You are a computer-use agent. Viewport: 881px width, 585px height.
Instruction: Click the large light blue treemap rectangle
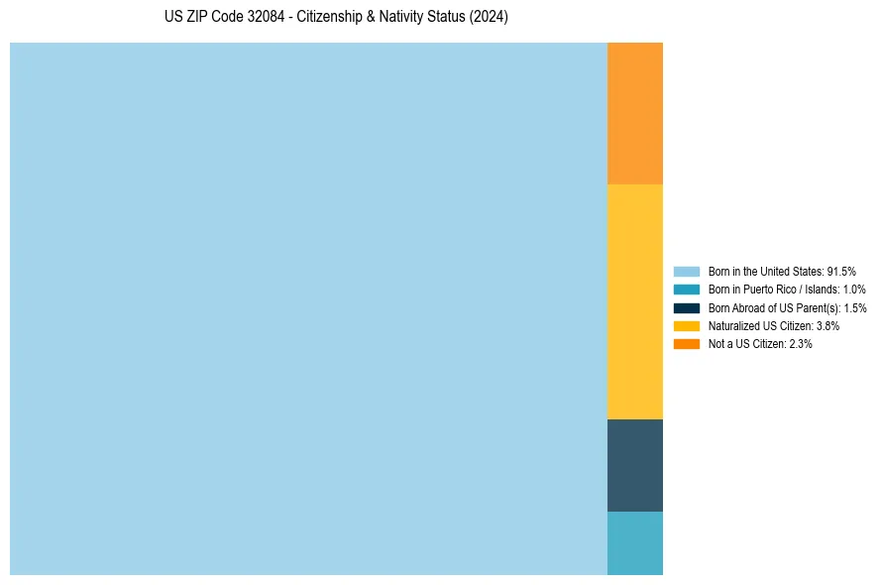[x=308, y=308]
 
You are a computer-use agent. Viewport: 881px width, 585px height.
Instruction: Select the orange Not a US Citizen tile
[x=634, y=113]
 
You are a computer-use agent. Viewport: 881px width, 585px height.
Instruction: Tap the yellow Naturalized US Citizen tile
[x=634, y=301]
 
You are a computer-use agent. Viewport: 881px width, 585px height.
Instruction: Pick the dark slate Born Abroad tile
[x=634, y=465]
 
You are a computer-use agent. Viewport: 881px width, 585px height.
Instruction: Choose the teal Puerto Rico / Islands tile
[x=634, y=542]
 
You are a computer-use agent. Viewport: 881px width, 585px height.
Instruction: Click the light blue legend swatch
[x=687, y=271]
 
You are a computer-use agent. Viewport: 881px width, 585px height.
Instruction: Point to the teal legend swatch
[x=687, y=289]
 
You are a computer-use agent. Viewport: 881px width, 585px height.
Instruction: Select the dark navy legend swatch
[x=687, y=307]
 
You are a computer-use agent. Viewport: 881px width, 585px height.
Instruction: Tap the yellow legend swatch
[x=687, y=325]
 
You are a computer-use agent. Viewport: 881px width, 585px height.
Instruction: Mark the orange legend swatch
[x=687, y=343]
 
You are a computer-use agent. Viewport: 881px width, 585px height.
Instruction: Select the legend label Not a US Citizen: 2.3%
[x=760, y=343]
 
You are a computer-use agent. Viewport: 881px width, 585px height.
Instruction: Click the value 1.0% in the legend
[x=854, y=289]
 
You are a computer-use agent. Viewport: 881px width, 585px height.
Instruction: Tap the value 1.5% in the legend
[x=855, y=307]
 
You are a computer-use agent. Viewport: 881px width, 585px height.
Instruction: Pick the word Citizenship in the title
[x=326, y=18]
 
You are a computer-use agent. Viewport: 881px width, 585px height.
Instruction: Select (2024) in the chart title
[x=490, y=18]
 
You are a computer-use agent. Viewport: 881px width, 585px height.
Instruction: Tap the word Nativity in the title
[x=398, y=18]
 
